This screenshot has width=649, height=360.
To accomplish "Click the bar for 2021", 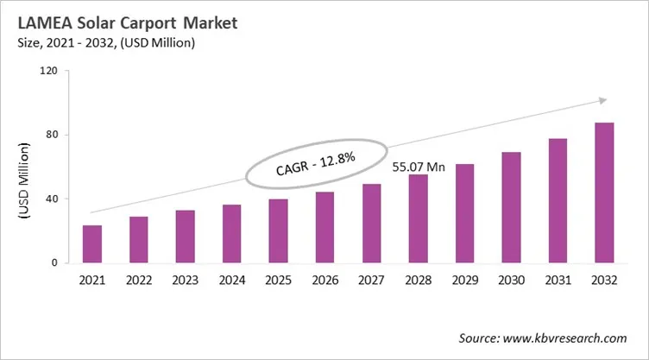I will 92,244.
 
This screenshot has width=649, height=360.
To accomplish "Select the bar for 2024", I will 232,234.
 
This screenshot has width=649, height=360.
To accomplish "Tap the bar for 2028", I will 418,219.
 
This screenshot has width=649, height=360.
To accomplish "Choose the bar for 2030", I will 511,207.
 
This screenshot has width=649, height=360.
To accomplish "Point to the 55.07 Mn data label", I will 419,166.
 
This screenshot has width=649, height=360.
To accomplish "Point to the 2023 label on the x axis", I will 185,280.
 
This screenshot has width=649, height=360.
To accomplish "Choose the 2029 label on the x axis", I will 464,280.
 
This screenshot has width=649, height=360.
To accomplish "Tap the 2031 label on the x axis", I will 558,280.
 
